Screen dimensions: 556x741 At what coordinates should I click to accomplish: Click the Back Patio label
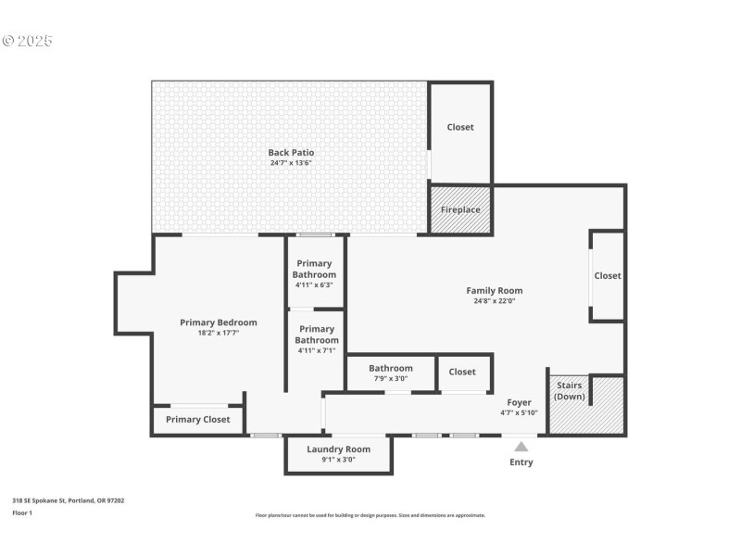[x=291, y=152]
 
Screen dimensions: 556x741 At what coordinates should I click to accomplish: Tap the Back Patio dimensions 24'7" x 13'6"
[x=291, y=163]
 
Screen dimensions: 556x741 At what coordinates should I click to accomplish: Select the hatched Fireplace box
[x=460, y=209]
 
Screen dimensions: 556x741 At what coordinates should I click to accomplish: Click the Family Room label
[x=494, y=290]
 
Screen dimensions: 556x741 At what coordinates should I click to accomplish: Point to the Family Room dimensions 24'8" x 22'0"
[x=494, y=301]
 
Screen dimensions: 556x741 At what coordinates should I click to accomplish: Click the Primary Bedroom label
[x=218, y=322]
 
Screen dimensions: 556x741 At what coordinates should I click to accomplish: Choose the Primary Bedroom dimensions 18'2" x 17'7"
[x=218, y=333]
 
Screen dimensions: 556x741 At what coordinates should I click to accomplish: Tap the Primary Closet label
[x=197, y=420]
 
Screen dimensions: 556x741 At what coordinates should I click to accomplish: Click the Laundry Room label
[x=338, y=449]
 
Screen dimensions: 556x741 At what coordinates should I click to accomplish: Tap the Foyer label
[x=519, y=402]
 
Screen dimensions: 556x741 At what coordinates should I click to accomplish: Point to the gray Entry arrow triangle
[x=521, y=446]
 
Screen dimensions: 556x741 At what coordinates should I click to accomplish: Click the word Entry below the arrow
[x=521, y=462]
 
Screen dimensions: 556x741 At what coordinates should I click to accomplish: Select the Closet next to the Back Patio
[x=460, y=127]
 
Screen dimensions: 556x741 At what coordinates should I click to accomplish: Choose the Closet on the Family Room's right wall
[x=608, y=275]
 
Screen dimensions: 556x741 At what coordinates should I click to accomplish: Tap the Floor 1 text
[x=22, y=512]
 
